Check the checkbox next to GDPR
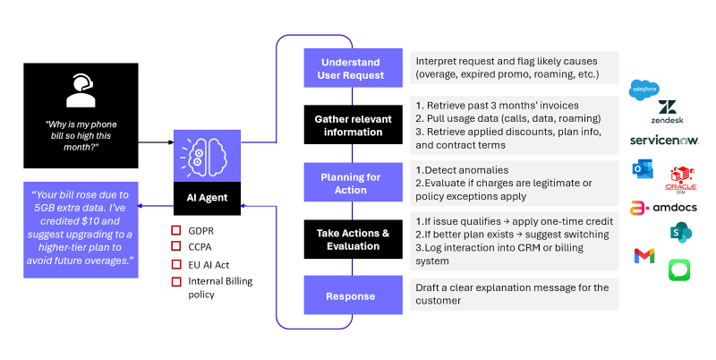pyautogui.click(x=176, y=230)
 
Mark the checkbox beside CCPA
pyautogui.click(x=176, y=246)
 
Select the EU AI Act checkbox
pyautogui.click(x=176, y=264)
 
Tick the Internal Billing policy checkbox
pyautogui.click(x=176, y=282)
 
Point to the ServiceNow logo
pyautogui.click(x=664, y=141)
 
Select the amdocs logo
pyautogui.click(x=663, y=208)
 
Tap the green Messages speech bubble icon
pyautogui.click(x=679, y=270)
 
